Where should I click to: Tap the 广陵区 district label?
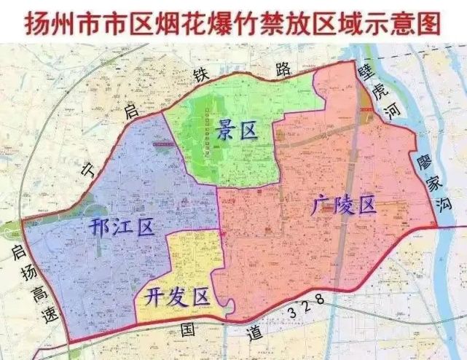342,206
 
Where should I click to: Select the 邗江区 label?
122,227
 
